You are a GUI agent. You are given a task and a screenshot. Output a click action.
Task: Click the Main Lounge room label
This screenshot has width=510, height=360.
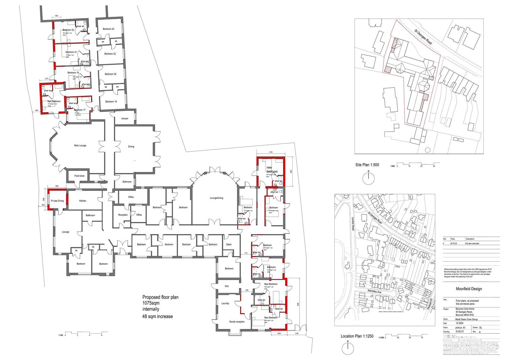point(80,146)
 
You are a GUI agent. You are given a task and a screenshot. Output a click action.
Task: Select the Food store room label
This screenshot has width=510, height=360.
point(79,176)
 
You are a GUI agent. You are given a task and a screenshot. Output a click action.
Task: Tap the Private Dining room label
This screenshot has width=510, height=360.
point(57,201)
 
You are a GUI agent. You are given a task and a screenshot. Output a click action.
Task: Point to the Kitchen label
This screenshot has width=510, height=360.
point(83,201)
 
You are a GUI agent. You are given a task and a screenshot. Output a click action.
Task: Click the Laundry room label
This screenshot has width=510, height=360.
point(225,303)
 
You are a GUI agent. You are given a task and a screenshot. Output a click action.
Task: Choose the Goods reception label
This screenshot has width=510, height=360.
point(237,322)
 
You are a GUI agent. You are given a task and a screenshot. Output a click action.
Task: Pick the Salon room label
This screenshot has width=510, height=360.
point(229,245)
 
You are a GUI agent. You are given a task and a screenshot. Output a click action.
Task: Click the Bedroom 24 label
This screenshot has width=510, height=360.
point(108,29)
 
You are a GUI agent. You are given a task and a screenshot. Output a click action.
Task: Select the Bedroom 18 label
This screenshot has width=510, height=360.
point(111,102)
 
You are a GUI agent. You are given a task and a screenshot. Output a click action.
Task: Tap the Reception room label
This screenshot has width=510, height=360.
point(123,215)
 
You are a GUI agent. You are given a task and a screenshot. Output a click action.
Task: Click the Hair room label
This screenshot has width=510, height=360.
point(227,286)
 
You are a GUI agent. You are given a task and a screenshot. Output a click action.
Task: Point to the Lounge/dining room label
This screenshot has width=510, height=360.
point(216,198)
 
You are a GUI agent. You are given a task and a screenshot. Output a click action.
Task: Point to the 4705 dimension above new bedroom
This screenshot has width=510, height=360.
point(271,153)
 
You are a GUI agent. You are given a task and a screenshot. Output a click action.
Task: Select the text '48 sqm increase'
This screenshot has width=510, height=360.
point(157,316)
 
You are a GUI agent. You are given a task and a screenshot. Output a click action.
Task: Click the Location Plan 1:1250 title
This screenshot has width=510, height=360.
point(357,336)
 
